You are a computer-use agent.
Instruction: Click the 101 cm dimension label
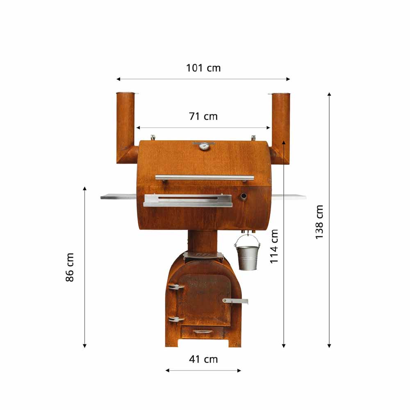click(x=203, y=68)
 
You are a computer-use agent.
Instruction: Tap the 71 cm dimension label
click(x=203, y=116)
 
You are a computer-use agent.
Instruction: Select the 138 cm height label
click(x=319, y=222)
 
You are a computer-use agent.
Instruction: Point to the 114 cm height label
click(x=274, y=246)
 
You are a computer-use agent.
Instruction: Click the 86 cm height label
click(x=70, y=267)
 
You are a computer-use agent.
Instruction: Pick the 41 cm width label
click(x=203, y=359)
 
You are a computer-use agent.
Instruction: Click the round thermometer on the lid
click(x=204, y=146)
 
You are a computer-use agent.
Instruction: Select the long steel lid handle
click(x=205, y=178)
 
